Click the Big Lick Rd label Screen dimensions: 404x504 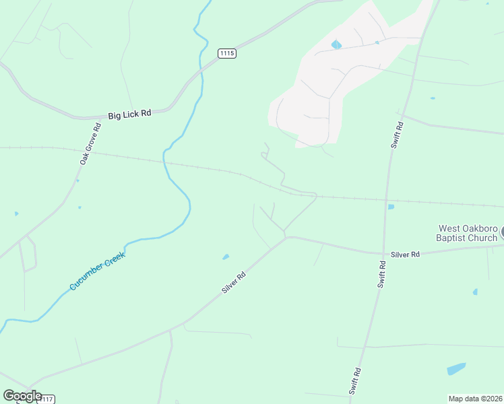tap(129, 114)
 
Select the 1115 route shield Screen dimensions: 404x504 tap(227, 53)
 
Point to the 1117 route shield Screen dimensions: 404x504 tap(46, 399)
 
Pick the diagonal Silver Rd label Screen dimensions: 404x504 tap(234, 282)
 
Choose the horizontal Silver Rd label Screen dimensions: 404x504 tap(405, 255)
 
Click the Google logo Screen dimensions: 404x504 tap(22, 396)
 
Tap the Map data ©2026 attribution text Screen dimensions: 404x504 tap(475, 399)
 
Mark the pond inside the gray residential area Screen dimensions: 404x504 tap(336, 45)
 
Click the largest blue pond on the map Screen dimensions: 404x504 tap(456, 369)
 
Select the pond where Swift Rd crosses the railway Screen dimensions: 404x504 tap(391, 207)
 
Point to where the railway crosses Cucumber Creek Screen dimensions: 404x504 tap(164, 162)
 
